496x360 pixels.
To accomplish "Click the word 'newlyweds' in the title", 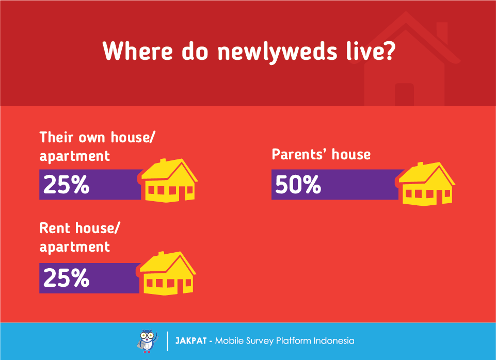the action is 277,51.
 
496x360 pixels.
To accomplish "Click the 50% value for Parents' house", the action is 298,185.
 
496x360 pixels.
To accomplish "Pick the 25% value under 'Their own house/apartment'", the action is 66,185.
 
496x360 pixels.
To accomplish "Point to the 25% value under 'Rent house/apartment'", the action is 66,278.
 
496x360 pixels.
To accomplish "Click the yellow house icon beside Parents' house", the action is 426,184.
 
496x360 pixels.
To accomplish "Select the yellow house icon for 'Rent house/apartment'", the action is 167,273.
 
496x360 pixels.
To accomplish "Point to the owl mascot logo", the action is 148,341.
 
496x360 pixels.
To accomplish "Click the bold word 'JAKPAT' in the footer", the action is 191,341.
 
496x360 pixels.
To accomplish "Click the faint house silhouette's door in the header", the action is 404,94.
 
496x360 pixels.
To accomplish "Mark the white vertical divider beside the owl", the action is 167,341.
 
